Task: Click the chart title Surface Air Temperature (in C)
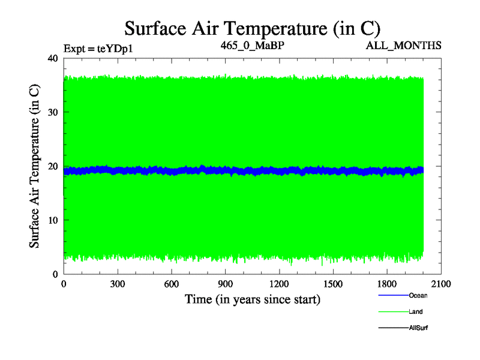(x=252, y=28)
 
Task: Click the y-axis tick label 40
(x=52, y=58)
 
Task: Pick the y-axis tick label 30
(x=52, y=112)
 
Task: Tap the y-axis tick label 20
(x=52, y=166)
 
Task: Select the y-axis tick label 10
(x=52, y=220)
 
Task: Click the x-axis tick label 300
(x=118, y=284)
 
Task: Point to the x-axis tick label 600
(x=172, y=284)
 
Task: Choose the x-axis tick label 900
(x=226, y=284)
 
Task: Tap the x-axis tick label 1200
(x=279, y=284)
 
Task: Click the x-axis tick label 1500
(x=333, y=284)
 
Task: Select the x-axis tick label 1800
(x=387, y=284)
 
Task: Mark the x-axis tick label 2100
(x=441, y=284)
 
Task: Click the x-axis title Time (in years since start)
(x=252, y=299)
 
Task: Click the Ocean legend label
(x=418, y=295)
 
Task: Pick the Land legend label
(x=416, y=311)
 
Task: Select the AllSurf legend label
(x=418, y=328)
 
